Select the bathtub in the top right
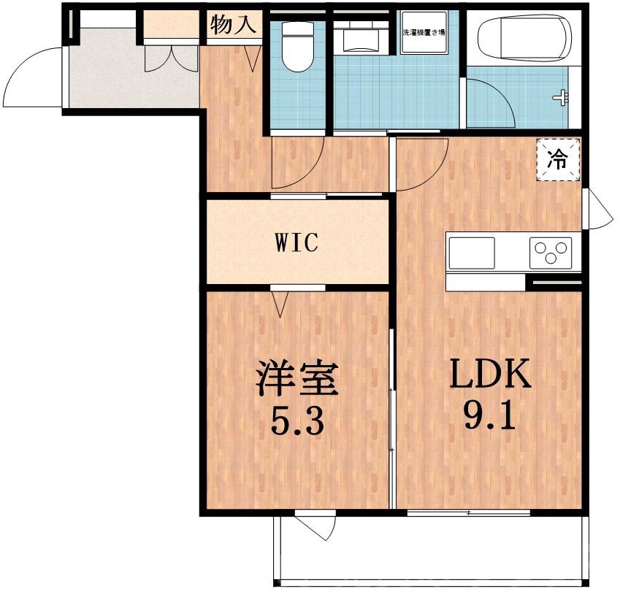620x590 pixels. pos(523,38)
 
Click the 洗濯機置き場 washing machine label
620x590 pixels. pos(424,33)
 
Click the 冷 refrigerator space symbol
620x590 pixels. pos(557,159)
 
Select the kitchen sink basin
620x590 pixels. pos(471,253)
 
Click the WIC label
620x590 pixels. pos(296,242)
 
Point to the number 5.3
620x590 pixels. pos(296,421)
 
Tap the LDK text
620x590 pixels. pos(489,376)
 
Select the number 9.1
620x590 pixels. pos(489,418)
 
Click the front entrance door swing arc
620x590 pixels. pos(33,77)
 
